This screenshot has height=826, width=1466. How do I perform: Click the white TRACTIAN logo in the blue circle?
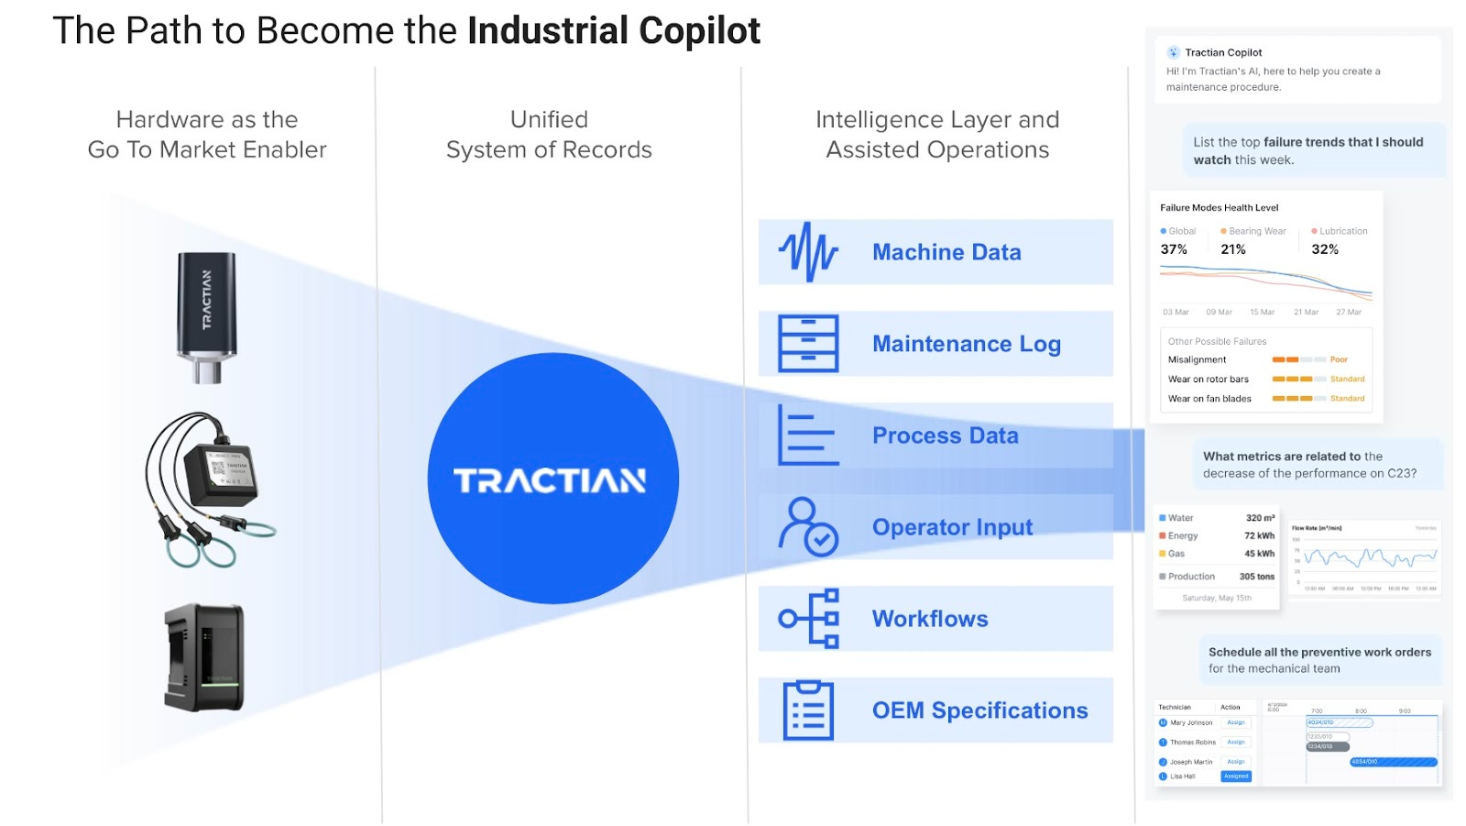550,480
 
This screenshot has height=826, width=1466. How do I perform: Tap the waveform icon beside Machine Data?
807,251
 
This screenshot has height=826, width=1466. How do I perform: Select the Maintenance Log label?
966,344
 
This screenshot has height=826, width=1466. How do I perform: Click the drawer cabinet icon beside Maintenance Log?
807,344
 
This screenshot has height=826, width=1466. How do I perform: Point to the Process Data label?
945,435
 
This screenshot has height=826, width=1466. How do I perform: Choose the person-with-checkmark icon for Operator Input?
807,527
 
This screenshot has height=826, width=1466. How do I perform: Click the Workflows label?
929,619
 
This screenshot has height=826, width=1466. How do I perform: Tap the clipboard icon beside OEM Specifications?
808,710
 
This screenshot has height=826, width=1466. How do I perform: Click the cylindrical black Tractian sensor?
207,315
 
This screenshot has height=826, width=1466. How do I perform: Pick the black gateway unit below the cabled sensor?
205,656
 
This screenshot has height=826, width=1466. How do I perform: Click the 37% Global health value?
1174,249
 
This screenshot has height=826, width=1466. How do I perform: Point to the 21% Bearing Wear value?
1233,249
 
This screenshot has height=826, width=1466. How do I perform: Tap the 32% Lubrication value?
1325,249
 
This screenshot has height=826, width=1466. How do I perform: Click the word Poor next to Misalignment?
1339,359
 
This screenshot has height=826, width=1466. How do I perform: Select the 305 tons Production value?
1256,577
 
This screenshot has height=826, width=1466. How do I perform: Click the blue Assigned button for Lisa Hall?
1236,776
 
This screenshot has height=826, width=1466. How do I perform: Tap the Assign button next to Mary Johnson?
1236,722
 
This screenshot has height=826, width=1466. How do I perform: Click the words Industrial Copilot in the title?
614,31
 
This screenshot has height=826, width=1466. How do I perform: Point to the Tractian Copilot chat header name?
1223,52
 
